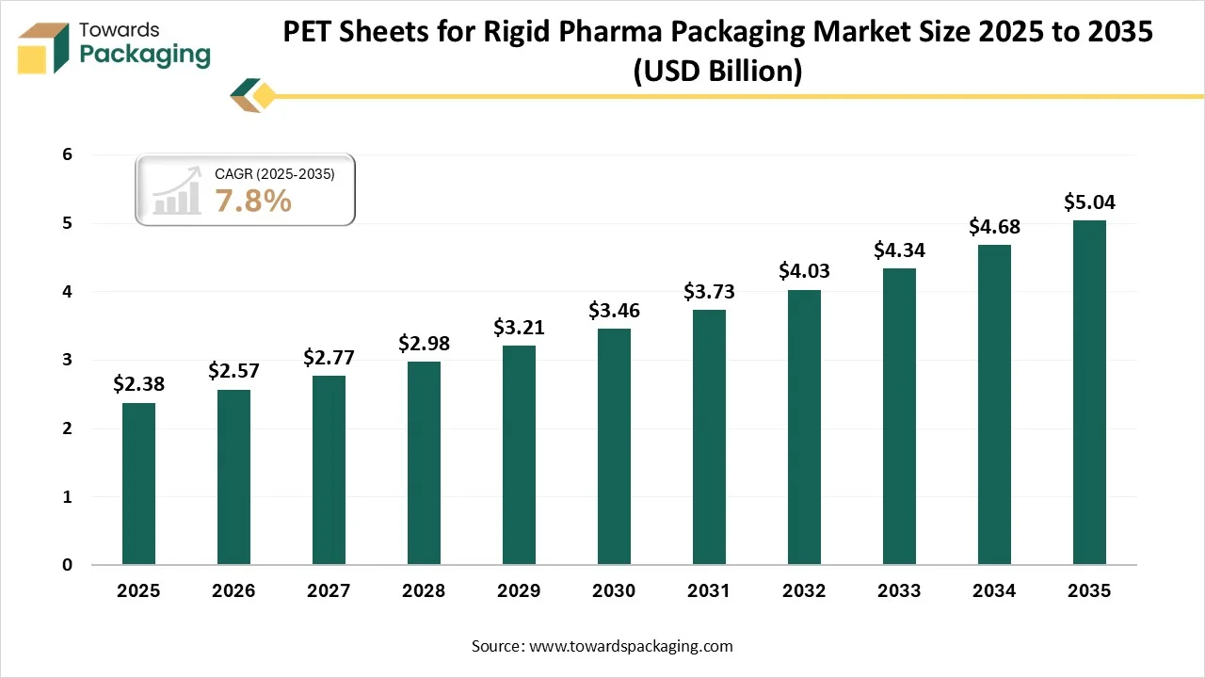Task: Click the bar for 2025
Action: click(x=138, y=484)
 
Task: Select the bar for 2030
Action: click(x=614, y=446)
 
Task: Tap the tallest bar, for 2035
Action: click(x=1089, y=393)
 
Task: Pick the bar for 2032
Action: click(x=804, y=428)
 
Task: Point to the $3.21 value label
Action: click(x=519, y=328)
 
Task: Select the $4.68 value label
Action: click(x=994, y=227)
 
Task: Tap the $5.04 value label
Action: click(x=1089, y=202)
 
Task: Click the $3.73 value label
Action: click(x=709, y=292)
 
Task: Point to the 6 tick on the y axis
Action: click(x=67, y=154)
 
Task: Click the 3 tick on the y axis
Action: click(x=67, y=360)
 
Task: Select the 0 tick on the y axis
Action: click(x=67, y=565)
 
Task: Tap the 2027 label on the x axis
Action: click(x=329, y=591)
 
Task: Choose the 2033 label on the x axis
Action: click(x=899, y=591)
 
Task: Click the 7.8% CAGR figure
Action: click(x=253, y=201)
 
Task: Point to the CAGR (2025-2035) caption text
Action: click(x=274, y=174)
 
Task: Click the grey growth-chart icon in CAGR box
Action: click(x=178, y=191)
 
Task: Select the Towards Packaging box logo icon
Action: click(x=44, y=47)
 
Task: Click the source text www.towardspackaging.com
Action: click(x=630, y=646)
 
